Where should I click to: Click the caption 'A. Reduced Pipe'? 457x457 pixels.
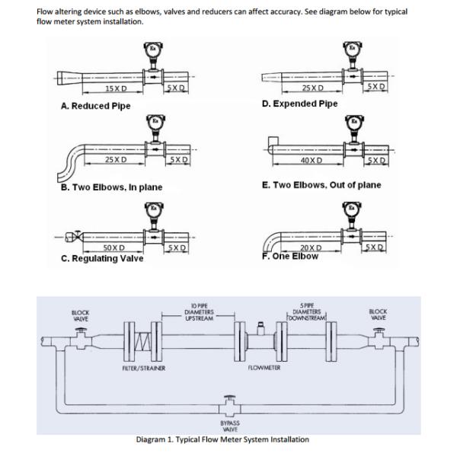(95, 106)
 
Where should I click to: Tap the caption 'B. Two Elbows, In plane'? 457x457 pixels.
(111, 187)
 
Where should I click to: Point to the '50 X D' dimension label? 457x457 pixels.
(113, 248)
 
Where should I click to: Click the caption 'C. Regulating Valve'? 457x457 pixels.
(101, 258)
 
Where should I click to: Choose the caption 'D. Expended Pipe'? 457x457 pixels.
(299, 104)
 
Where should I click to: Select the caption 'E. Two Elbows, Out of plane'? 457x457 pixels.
(321, 184)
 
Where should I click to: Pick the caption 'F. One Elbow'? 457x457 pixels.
(289, 256)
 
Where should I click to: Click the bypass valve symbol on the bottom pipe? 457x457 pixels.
(228, 401)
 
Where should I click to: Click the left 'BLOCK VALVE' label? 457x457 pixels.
(80, 315)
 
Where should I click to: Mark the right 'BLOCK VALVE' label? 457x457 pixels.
(377, 315)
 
